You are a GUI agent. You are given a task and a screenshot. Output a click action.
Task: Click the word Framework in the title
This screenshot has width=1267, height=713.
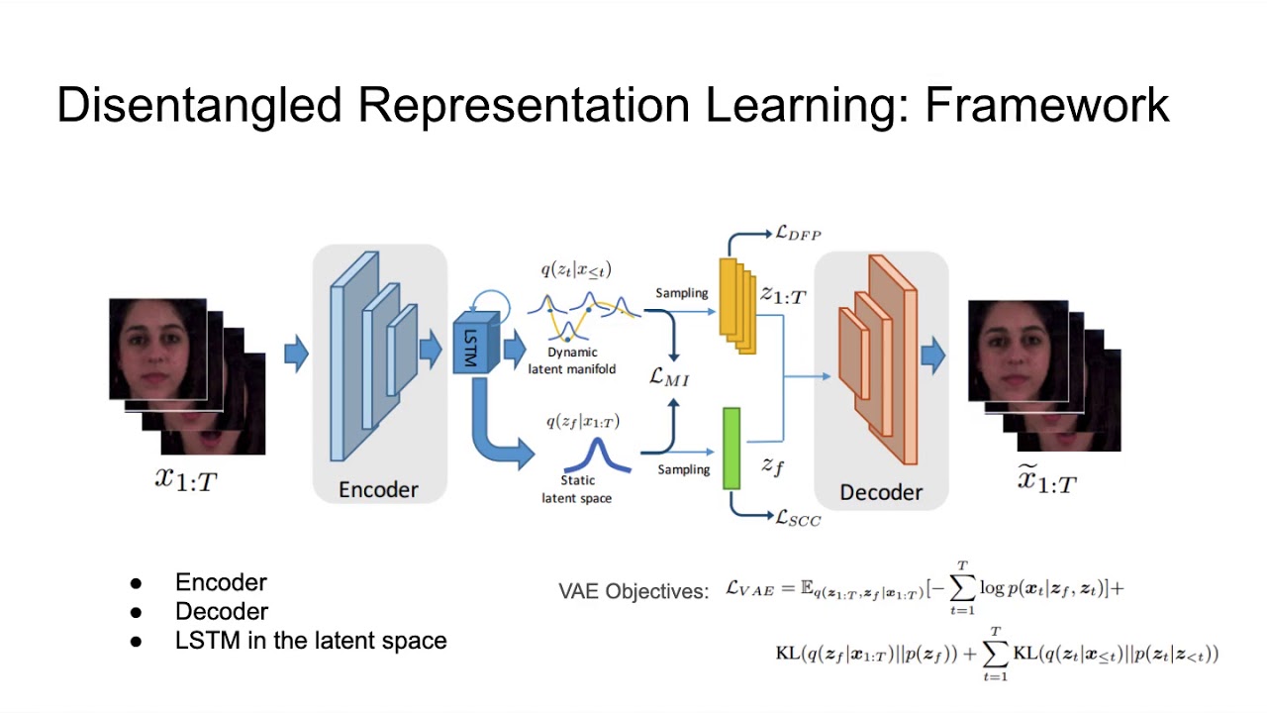(x=1046, y=105)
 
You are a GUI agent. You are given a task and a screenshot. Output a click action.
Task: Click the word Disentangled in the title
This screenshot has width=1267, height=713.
(x=201, y=105)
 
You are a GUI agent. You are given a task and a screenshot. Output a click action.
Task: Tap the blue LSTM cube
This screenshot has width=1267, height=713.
(x=472, y=346)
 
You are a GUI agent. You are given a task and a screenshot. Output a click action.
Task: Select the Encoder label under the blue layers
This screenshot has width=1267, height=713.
(x=378, y=489)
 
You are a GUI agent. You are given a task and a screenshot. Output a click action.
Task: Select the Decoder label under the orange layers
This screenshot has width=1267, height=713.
(x=881, y=492)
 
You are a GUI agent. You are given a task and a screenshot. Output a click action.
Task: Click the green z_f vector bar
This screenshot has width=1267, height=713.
(x=731, y=449)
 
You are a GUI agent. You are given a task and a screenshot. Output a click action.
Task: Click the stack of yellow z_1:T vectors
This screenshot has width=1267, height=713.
(x=736, y=305)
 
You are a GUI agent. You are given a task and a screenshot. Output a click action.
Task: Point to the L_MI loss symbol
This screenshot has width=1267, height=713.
(x=669, y=376)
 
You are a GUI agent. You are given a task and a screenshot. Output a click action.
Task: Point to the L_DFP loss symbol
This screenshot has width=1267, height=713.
(x=798, y=233)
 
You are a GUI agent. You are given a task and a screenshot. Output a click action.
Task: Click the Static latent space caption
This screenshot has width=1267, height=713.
(x=576, y=490)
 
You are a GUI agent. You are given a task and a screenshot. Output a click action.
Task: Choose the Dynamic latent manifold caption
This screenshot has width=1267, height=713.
(x=580, y=361)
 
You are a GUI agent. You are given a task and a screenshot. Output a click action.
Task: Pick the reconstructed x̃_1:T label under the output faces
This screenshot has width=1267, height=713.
(x=1047, y=481)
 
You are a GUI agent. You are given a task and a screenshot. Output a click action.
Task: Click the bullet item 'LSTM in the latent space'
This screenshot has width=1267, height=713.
(x=310, y=641)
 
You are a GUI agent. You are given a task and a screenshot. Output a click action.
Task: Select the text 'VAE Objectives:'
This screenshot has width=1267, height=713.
(x=633, y=591)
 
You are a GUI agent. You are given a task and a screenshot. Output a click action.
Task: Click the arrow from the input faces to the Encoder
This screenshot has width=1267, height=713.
(x=296, y=354)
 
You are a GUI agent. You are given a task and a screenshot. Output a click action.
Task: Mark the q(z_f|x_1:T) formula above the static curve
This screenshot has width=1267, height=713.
(x=583, y=422)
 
